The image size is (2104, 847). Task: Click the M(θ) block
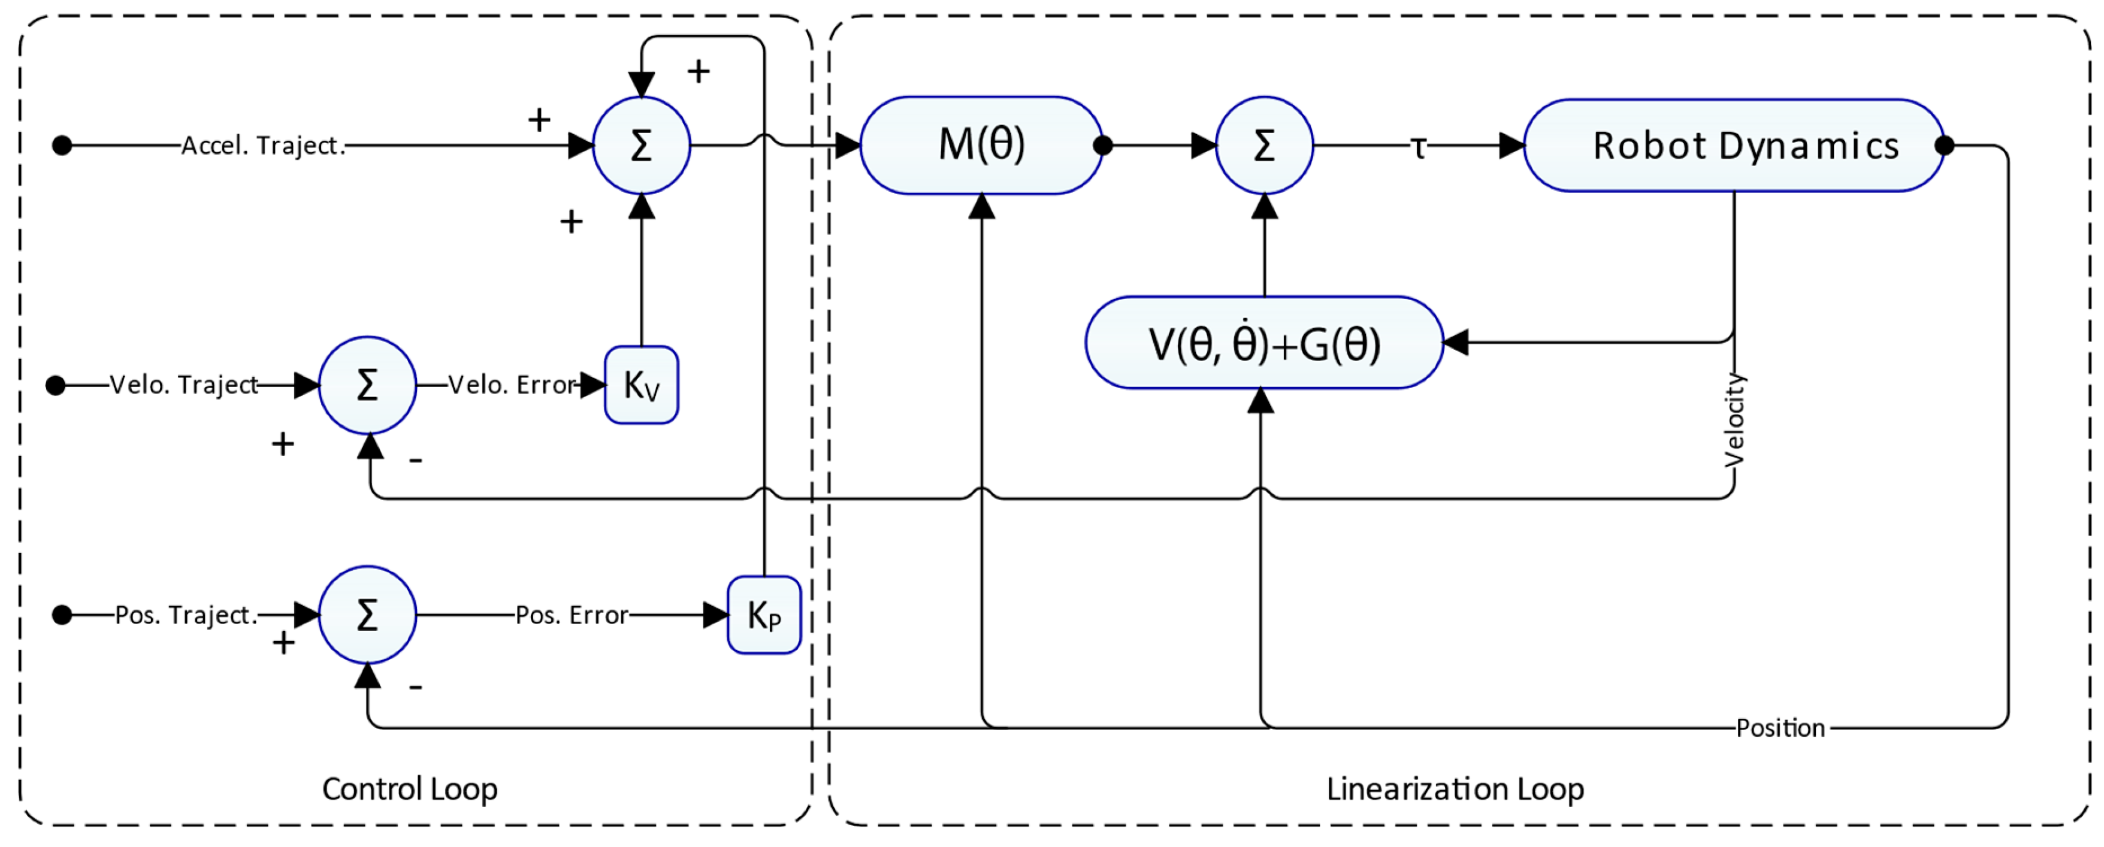(981, 146)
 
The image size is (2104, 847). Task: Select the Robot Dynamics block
(1733, 146)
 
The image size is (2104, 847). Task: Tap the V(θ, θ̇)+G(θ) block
(1263, 343)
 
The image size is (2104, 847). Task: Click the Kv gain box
(641, 385)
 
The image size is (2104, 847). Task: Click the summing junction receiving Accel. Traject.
(641, 146)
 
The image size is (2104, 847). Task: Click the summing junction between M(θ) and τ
(1263, 146)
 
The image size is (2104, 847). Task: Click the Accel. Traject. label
(263, 146)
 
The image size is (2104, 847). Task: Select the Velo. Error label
(512, 385)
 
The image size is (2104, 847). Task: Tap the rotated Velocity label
(1733, 421)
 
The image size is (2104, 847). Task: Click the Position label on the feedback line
(1780, 728)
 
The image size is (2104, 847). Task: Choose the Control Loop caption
(409, 789)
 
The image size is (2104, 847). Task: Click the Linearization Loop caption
(1455, 789)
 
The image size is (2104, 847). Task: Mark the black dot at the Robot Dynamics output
(1945, 146)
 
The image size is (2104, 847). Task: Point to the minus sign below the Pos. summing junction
(416, 687)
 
